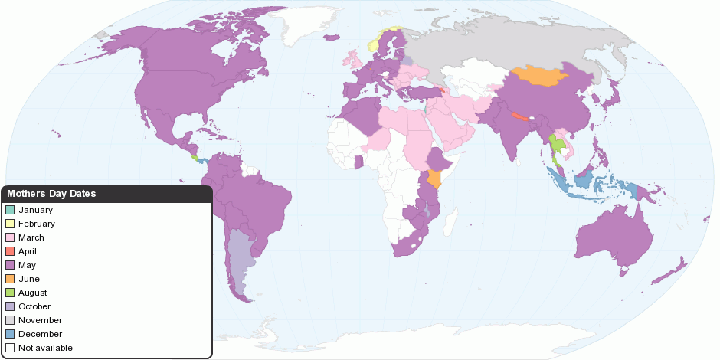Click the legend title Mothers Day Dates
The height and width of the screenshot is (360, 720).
51,194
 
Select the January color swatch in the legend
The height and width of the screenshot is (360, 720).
10,210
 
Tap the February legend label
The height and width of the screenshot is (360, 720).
37,224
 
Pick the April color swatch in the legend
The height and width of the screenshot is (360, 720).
10,251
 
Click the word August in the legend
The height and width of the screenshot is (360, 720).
33,293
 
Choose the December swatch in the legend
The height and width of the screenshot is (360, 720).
10,334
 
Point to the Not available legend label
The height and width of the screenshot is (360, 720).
45,348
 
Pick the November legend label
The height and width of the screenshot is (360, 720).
41,320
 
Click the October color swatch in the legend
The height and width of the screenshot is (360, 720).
10,306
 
